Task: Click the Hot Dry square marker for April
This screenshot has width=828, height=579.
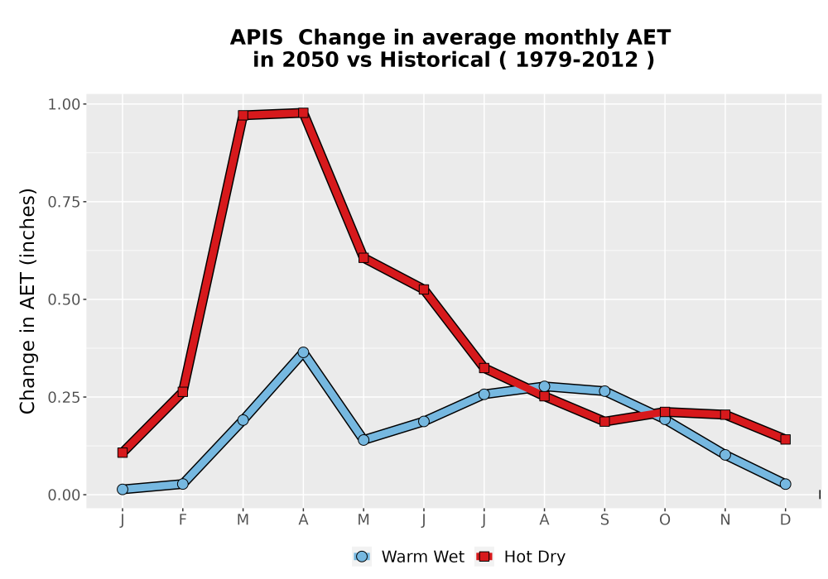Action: pyautogui.click(x=303, y=112)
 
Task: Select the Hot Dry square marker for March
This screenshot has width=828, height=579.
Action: pyautogui.click(x=243, y=115)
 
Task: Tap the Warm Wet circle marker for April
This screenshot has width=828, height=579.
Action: pyautogui.click(x=303, y=352)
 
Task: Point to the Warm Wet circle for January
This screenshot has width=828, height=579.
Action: pyautogui.click(x=123, y=490)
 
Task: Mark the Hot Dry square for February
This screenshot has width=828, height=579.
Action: pyautogui.click(x=183, y=392)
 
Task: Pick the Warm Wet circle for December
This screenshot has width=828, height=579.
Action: pyautogui.click(x=785, y=484)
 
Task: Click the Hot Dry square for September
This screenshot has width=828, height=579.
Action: pyautogui.click(x=604, y=421)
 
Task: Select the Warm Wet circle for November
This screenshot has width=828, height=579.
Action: pyautogui.click(x=725, y=455)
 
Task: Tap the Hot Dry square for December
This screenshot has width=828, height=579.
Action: pyautogui.click(x=785, y=439)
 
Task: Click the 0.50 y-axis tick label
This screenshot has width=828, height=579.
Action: pyautogui.click(x=64, y=299)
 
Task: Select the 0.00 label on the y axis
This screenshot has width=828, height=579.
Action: pyautogui.click(x=64, y=495)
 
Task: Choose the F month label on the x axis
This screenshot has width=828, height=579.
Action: pyautogui.click(x=183, y=520)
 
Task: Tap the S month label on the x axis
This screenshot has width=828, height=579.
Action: pyautogui.click(x=604, y=520)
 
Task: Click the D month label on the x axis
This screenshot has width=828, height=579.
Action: pyautogui.click(x=785, y=520)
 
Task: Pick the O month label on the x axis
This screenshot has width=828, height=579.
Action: pyautogui.click(x=665, y=520)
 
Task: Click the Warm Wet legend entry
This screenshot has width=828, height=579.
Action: pyautogui.click(x=408, y=557)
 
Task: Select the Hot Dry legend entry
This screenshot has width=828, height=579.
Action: pyautogui.click(x=520, y=557)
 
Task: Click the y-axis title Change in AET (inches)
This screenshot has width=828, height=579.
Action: pyautogui.click(x=27, y=301)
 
